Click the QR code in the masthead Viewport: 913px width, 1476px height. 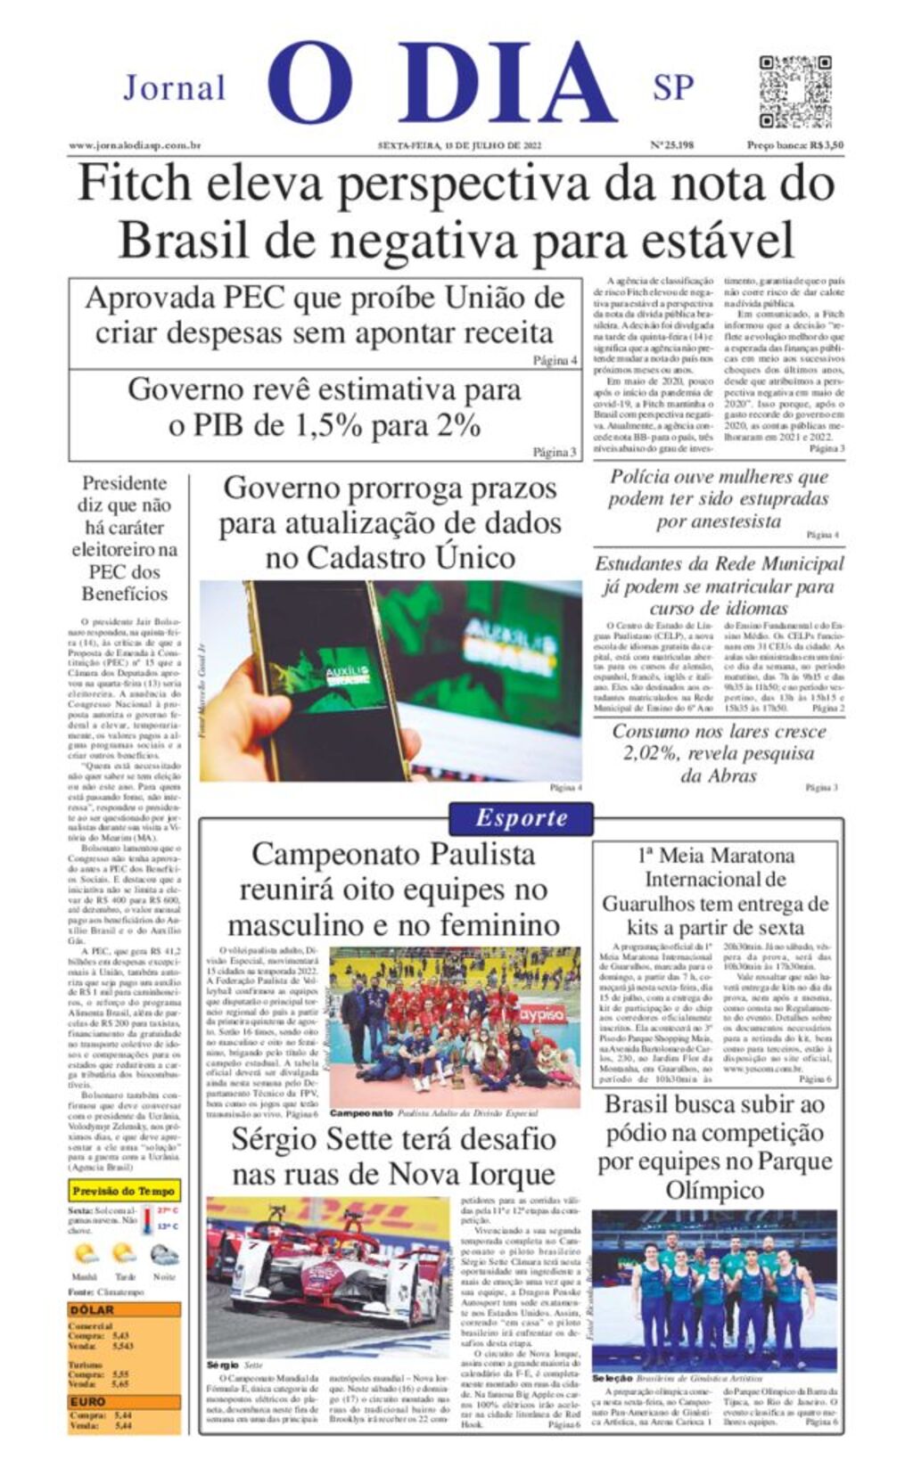(x=795, y=91)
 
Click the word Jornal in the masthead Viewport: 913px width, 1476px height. (x=174, y=88)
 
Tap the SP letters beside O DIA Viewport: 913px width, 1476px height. (x=673, y=87)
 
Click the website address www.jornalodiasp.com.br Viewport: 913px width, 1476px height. (x=135, y=145)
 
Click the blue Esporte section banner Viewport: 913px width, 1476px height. (x=521, y=817)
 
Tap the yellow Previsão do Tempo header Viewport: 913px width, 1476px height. (x=124, y=1191)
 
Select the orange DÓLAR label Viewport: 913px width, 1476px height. (x=92, y=1309)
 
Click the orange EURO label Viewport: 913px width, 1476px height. (x=88, y=1401)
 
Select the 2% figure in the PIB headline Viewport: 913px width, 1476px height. (x=457, y=424)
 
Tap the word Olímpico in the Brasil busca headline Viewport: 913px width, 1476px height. (x=713, y=1190)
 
